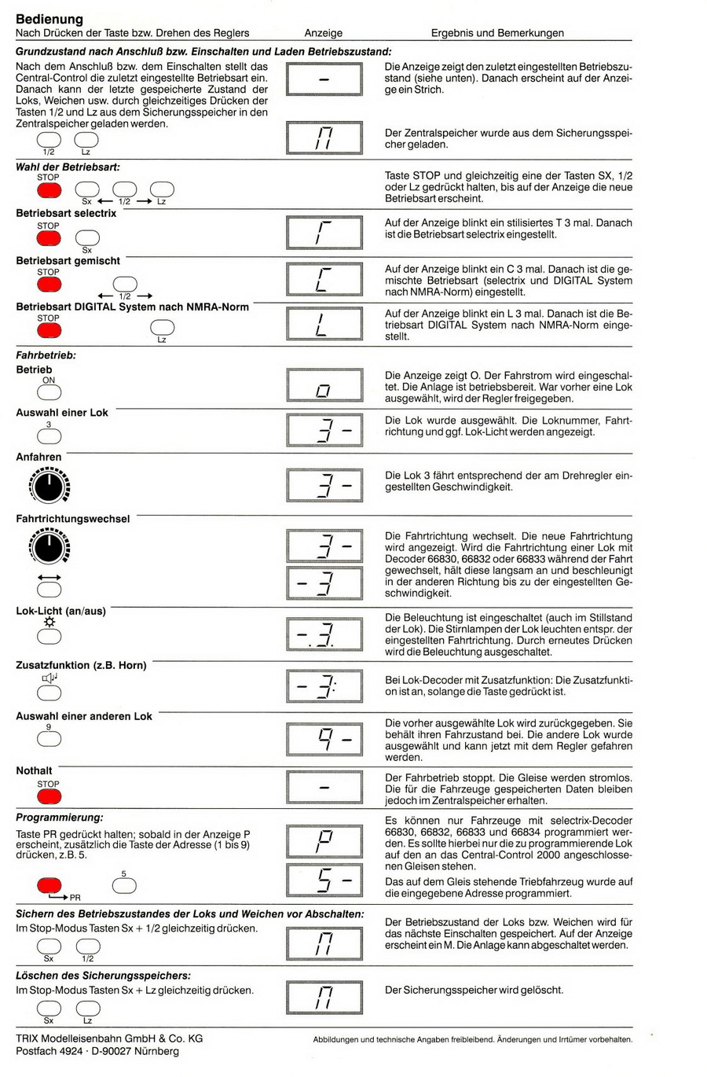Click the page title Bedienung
(49, 18)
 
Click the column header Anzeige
(324, 33)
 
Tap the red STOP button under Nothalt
(49, 796)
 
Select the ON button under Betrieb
(49, 392)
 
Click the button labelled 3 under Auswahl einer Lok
(49, 436)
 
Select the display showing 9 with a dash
(324, 739)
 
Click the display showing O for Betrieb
(324, 386)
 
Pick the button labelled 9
(49, 739)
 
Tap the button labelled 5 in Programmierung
(124, 885)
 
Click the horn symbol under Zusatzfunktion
(49, 678)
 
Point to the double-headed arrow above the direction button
(49, 577)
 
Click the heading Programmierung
(60, 818)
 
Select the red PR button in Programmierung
(49, 885)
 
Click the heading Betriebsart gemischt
(68, 260)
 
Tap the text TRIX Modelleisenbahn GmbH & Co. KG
(109, 1038)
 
